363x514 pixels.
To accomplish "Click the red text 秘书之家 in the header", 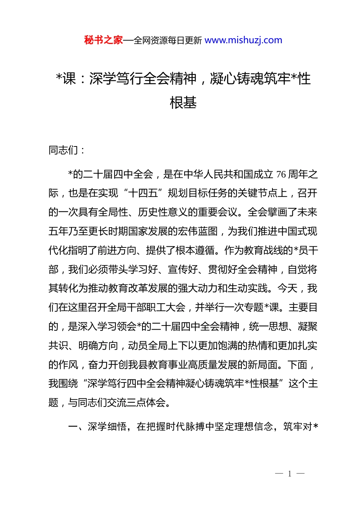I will [104, 40].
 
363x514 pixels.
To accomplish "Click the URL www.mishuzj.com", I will [243, 40].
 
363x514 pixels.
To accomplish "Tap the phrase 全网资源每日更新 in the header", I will [168, 41].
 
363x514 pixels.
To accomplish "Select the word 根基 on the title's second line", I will [183, 102].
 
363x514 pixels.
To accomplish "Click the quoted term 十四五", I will [143, 194].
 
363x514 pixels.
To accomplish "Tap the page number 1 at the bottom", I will [290, 474].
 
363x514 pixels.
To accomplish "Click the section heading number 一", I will [73, 427].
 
